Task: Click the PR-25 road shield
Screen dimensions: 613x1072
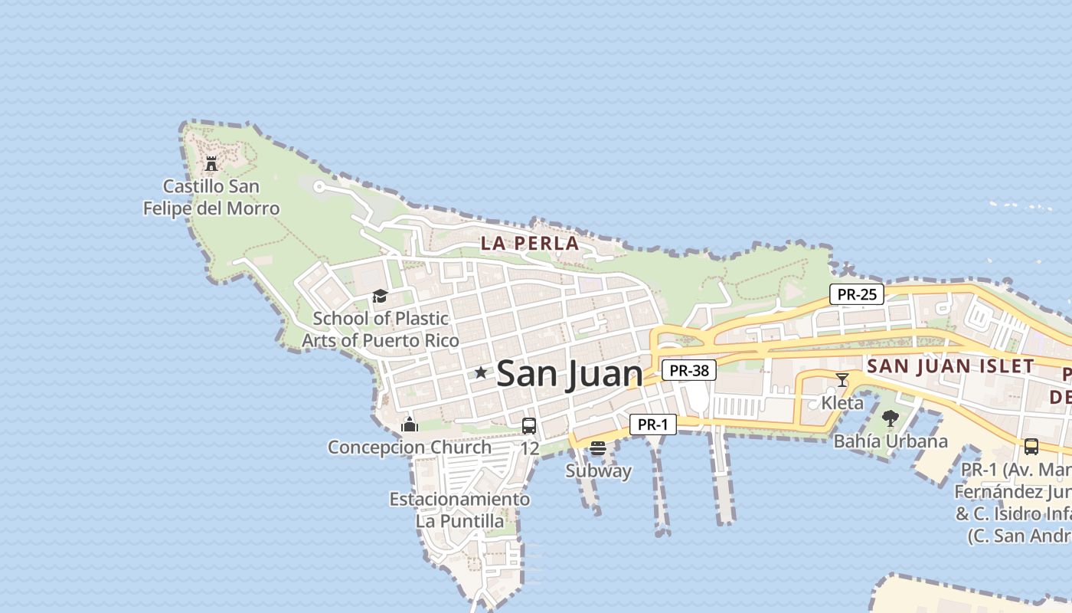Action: point(857,293)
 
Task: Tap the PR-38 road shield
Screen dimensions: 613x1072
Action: point(689,371)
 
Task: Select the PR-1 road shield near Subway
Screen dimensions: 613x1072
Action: point(653,425)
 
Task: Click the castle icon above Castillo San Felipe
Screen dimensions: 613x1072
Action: point(211,163)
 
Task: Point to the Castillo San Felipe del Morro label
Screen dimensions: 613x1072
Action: point(211,198)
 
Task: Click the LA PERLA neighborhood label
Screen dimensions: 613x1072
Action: point(529,244)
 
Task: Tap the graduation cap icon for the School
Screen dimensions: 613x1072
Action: point(380,297)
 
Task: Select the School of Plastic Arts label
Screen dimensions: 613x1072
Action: point(381,329)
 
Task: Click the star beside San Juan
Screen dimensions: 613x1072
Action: point(480,373)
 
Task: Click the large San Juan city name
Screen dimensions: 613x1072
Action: point(570,374)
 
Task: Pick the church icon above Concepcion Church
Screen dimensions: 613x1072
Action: point(410,425)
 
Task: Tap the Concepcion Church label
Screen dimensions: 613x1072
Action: point(410,447)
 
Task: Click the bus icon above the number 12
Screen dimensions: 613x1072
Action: point(529,426)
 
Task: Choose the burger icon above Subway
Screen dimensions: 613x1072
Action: point(598,448)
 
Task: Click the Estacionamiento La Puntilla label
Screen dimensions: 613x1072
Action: point(459,510)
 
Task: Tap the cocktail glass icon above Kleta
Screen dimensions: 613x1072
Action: point(842,379)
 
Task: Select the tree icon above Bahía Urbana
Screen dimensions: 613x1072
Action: point(890,418)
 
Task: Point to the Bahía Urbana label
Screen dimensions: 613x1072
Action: point(891,441)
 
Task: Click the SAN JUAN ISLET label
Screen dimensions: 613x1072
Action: point(950,366)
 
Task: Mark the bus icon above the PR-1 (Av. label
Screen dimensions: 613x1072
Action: point(1031,446)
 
